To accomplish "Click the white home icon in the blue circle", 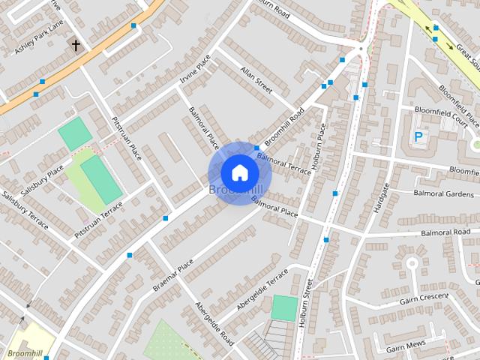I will pyautogui.click(x=239, y=172).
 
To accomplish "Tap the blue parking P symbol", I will pyautogui.click(x=418, y=137).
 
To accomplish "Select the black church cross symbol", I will pyautogui.click(x=76, y=46).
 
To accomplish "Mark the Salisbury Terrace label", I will pyautogui.click(x=25, y=211).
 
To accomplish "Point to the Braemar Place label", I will pyautogui.click(x=173, y=275).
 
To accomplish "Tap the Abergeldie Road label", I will pyautogui.click(x=214, y=323).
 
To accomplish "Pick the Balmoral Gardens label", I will pyautogui.click(x=444, y=193).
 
